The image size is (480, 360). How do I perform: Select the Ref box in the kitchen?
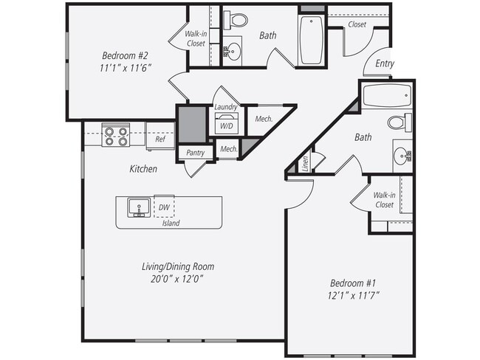click(160, 138)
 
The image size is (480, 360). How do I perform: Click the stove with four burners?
click(116, 136)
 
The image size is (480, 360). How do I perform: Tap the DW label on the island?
click(163, 208)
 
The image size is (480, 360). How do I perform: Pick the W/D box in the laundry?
click(226, 125)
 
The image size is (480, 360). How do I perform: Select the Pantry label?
click(195, 153)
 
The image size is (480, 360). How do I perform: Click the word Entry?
click(384, 64)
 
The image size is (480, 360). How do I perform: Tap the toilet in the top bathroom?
click(237, 20)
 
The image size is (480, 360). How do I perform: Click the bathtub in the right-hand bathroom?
click(386, 95)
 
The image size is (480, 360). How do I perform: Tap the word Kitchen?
click(143, 169)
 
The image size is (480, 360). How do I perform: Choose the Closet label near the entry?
click(357, 24)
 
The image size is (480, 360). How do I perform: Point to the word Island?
click(171, 223)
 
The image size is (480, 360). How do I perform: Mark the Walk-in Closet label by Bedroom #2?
click(196, 38)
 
